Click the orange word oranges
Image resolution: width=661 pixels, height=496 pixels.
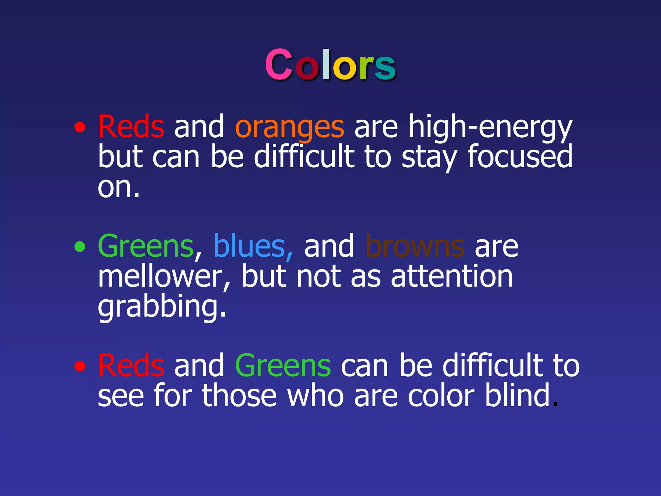coord(290,127)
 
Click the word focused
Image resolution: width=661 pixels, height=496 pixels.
coord(520,157)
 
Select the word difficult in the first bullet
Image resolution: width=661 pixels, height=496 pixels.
coord(304,157)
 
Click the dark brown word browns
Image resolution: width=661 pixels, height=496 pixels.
coord(415,246)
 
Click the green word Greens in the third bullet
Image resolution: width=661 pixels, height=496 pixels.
coord(283,366)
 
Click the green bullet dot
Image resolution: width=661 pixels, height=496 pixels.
coord(80,247)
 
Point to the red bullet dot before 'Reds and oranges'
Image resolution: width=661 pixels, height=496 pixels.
coord(80,127)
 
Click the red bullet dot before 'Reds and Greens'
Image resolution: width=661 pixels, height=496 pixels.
coord(80,366)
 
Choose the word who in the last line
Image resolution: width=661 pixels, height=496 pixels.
coord(315,395)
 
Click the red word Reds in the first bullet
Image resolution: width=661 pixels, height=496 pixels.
coord(131,127)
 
